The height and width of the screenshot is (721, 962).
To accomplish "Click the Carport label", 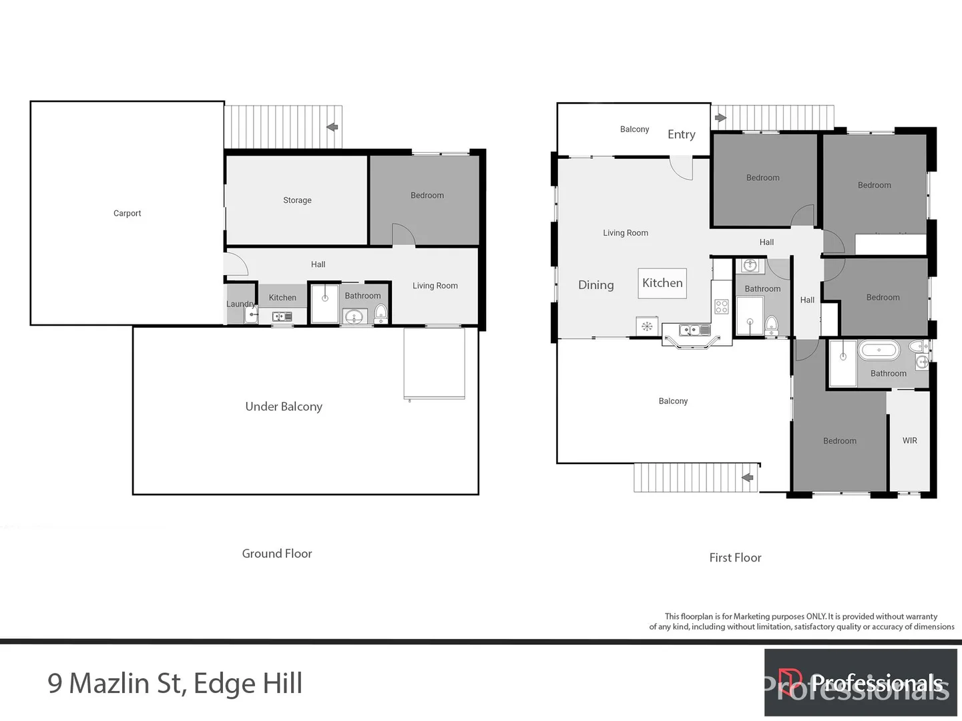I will tap(127, 214).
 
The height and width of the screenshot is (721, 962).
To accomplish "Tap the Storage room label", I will tap(297, 200).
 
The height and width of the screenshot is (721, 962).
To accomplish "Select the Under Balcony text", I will tap(284, 407).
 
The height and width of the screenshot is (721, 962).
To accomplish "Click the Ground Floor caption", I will tap(276, 553).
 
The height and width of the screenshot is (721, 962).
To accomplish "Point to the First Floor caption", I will tap(735, 557).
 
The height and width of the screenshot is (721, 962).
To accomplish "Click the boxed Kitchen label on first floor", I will tap(662, 283).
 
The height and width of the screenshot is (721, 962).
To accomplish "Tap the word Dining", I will tap(595, 285).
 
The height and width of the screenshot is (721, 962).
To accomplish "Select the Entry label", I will tap(681, 134).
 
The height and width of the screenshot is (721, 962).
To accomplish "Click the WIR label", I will tap(909, 441).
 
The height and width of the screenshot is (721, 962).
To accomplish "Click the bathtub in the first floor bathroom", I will tap(878, 350).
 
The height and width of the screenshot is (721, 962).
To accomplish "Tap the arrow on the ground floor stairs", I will tap(332, 127).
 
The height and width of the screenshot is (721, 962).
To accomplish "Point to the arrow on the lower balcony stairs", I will tap(748, 477).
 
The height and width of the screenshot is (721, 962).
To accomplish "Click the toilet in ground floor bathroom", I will tap(380, 312).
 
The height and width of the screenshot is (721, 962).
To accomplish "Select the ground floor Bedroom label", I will tap(427, 196).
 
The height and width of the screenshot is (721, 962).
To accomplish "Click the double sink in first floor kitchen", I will tap(694, 330).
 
